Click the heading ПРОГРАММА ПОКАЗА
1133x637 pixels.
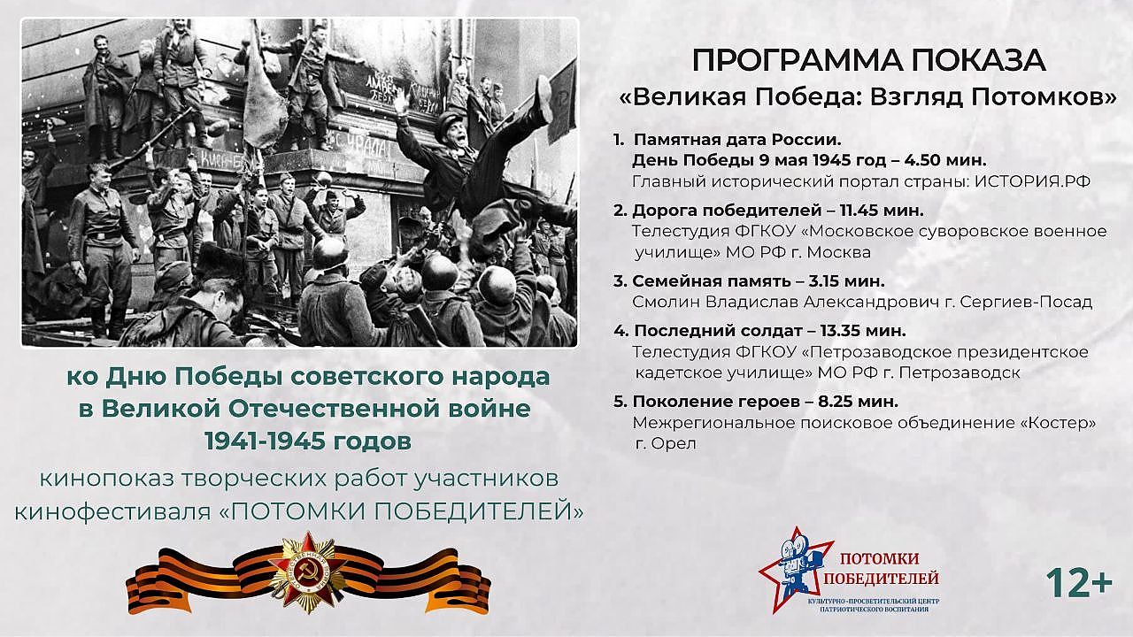click(868, 61)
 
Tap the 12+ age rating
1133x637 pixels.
click(1079, 583)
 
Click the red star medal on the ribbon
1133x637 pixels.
click(307, 572)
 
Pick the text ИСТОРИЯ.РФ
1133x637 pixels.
click(1032, 181)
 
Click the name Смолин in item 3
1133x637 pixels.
click(666, 302)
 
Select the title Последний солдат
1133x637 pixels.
click(718, 331)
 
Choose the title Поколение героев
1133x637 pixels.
click(716, 402)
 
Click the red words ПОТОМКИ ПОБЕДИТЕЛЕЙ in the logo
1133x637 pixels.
click(881, 568)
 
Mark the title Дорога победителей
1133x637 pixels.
click(727, 211)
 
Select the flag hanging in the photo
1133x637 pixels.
click(264, 109)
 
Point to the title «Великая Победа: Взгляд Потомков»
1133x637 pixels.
click(868, 96)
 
